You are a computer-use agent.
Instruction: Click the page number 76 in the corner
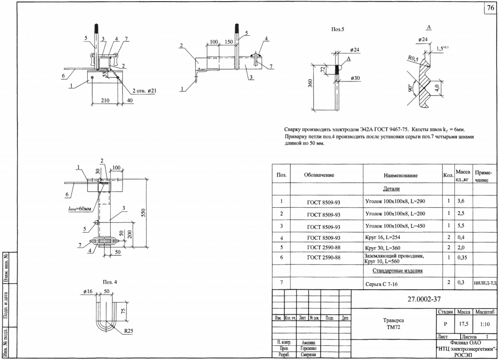pyautogui.click(x=491, y=8)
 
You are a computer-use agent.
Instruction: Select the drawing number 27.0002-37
pyautogui.click(x=424, y=299)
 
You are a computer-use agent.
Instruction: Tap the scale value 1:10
pyautogui.click(x=485, y=324)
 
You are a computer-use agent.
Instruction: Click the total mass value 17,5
pyautogui.click(x=463, y=324)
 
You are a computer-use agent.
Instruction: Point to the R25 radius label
pyautogui.click(x=128, y=331)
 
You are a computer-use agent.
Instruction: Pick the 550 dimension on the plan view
pyautogui.click(x=143, y=213)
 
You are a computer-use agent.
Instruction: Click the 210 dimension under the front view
pyautogui.click(x=105, y=101)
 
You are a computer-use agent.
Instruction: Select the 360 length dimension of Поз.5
pyautogui.click(x=310, y=83)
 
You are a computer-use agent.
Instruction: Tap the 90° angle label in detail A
pyautogui.click(x=409, y=88)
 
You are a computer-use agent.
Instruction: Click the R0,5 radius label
pyautogui.click(x=413, y=58)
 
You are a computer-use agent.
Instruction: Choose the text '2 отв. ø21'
pyautogui.click(x=144, y=91)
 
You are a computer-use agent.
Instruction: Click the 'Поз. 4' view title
pyautogui.click(x=110, y=282)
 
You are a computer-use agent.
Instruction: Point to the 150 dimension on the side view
pyautogui.click(x=228, y=42)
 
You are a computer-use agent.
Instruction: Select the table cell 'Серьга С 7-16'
pyautogui.click(x=381, y=284)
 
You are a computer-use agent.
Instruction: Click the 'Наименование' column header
pyautogui.click(x=401, y=175)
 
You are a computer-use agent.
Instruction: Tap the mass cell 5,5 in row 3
pyautogui.click(x=461, y=226)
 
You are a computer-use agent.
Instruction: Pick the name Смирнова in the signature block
pyautogui.click(x=308, y=354)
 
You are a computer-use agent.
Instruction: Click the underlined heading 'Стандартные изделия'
pyautogui.click(x=397, y=271)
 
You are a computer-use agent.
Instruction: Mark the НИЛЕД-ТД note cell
pyautogui.click(x=485, y=283)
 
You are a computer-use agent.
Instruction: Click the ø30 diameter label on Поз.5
pyautogui.click(x=355, y=78)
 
